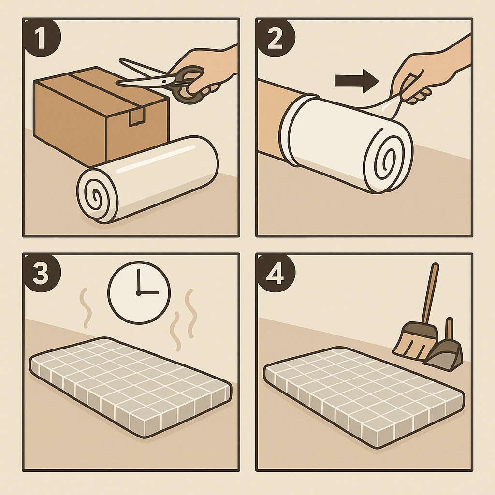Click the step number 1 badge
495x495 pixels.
(x=41, y=37)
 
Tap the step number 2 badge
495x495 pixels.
(x=275, y=37)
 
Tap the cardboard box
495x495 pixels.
(x=101, y=115)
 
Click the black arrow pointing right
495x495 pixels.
(x=357, y=81)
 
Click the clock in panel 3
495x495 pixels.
(x=139, y=292)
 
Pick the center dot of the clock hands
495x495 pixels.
(x=138, y=293)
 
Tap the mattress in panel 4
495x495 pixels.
(x=364, y=397)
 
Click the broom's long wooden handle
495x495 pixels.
(x=429, y=293)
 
